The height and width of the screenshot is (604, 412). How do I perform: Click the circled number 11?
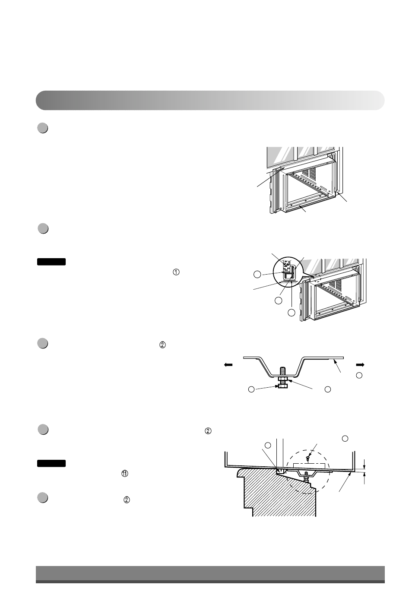coord(124,474)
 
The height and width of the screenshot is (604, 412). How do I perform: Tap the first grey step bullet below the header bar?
coord(42,128)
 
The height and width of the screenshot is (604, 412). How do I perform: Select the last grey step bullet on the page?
coord(42,498)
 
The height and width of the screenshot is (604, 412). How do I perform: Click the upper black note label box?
coord(51,262)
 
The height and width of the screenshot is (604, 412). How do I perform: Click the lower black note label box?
coord(51,463)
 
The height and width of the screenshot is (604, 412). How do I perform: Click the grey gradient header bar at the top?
coord(210,100)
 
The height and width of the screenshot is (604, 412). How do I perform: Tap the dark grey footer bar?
coord(210,574)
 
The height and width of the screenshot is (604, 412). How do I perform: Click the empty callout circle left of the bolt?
coord(251,389)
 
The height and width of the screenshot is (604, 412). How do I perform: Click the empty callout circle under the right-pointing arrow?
coord(359,376)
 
